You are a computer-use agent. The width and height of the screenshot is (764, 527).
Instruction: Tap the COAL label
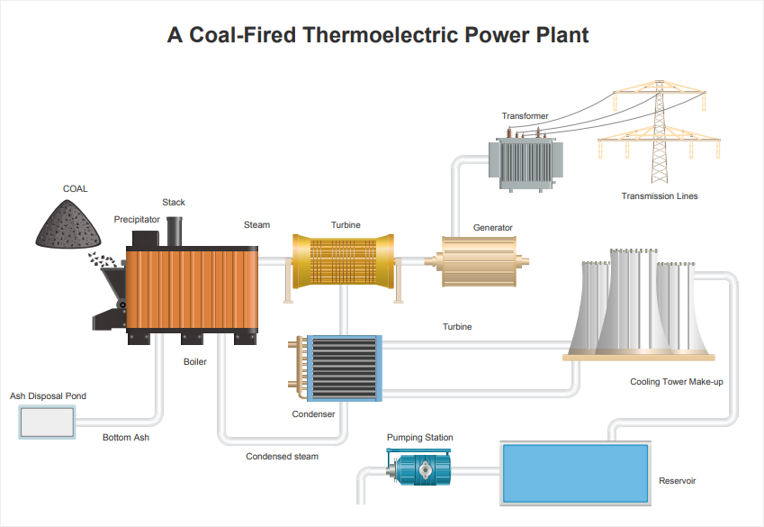(75, 189)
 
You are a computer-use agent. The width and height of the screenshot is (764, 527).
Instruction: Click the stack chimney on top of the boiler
(175, 232)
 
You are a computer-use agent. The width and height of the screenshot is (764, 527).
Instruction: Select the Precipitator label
(137, 220)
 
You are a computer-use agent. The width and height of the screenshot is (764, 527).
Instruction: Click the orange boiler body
(192, 288)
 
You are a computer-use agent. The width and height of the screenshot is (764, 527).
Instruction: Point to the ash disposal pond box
(48, 423)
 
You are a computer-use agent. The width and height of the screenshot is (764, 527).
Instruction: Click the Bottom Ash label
(126, 437)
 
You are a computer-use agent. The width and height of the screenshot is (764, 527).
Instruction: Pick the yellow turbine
(344, 261)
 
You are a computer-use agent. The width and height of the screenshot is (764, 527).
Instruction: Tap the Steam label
(256, 225)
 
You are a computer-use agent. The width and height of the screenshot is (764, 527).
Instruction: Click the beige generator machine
(479, 261)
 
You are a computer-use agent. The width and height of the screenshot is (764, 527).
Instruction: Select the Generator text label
(492, 227)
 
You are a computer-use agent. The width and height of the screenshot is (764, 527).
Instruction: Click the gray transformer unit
(526, 162)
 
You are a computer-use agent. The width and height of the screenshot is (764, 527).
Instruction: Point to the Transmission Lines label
(660, 196)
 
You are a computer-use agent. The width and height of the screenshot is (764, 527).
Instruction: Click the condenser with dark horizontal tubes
(345, 368)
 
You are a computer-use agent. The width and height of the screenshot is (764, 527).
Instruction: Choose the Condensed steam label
(283, 456)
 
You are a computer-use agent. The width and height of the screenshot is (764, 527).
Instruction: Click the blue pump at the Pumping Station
(419, 468)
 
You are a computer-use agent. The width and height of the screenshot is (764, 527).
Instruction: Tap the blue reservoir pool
(575, 473)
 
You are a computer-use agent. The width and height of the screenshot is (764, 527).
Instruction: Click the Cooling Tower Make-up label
(677, 382)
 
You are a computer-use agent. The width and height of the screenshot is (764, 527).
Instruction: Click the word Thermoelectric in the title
(380, 35)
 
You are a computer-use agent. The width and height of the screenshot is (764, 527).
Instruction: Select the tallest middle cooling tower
(634, 300)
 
